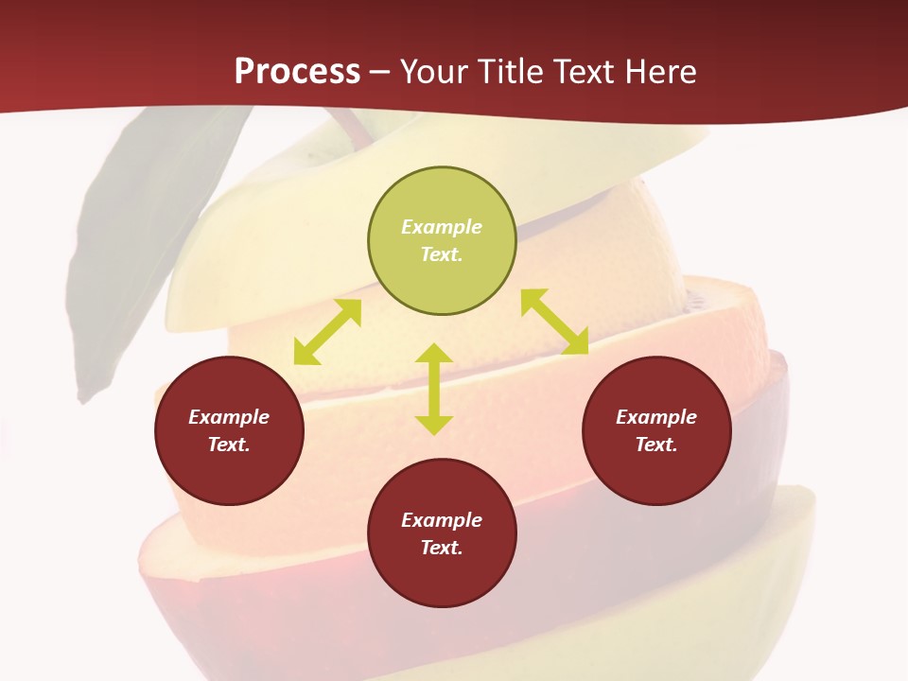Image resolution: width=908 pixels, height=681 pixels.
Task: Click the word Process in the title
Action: pos(297,71)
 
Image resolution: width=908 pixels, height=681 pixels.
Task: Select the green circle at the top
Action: pos(442,241)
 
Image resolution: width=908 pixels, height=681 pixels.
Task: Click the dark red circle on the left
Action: pos(229,430)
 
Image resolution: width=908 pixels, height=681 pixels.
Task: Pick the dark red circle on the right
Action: pos(656,430)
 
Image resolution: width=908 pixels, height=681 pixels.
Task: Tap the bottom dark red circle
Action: pos(442,533)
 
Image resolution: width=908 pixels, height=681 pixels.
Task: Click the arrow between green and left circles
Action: pos(327,332)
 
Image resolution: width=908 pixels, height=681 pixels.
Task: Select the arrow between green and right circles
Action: pos(554,322)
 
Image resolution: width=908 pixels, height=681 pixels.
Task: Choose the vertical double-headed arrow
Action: pos(434,389)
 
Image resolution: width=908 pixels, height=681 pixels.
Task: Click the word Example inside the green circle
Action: pos(442,227)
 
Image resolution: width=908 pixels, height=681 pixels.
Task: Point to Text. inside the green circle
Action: pos(442,254)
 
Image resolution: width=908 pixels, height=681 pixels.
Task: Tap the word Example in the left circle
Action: pos(229,417)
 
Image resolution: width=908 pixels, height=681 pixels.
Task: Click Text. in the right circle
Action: pos(656,445)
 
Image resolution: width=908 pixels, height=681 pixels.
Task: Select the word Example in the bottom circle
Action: pos(442,520)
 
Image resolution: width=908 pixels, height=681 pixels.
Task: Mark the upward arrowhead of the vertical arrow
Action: pos(434,355)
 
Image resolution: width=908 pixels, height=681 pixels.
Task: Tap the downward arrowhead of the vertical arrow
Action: pos(434,425)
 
